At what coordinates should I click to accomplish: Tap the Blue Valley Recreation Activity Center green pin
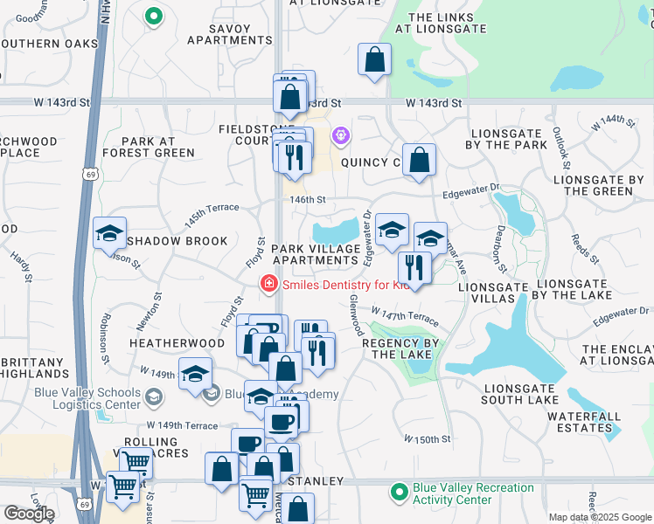(x=400, y=493)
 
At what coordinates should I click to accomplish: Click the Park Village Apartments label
(x=316, y=255)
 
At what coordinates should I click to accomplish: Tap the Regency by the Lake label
(x=399, y=349)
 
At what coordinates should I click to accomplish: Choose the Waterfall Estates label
(x=584, y=423)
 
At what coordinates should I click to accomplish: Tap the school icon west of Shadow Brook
(x=110, y=234)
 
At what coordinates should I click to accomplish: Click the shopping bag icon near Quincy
(x=420, y=161)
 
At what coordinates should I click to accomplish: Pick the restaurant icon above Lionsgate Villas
(x=414, y=266)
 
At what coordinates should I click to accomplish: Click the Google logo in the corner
(x=28, y=514)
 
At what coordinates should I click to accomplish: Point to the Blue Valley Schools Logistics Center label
(x=87, y=398)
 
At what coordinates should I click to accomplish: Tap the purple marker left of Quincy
(x=340, y=136)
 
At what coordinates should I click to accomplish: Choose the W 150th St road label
(x=428, y=438)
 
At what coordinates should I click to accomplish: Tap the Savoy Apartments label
(x=230, y=33)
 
